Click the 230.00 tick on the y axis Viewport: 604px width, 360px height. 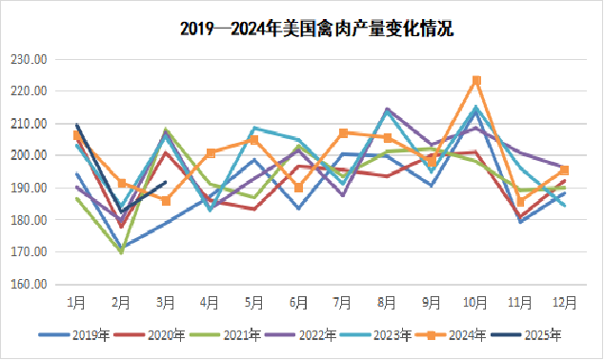30,59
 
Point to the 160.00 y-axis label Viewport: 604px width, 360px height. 30,284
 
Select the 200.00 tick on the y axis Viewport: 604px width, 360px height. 30,155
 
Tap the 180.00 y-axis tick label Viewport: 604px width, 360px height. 30,220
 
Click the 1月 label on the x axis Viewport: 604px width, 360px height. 77,302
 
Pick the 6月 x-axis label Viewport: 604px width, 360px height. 298,302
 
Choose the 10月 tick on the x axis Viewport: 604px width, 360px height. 476,302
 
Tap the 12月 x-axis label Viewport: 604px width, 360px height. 565,302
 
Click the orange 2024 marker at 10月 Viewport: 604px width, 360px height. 476,80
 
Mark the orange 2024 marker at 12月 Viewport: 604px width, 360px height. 565,170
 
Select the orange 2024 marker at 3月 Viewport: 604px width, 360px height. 166,201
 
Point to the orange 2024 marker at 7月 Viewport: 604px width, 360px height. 343,132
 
